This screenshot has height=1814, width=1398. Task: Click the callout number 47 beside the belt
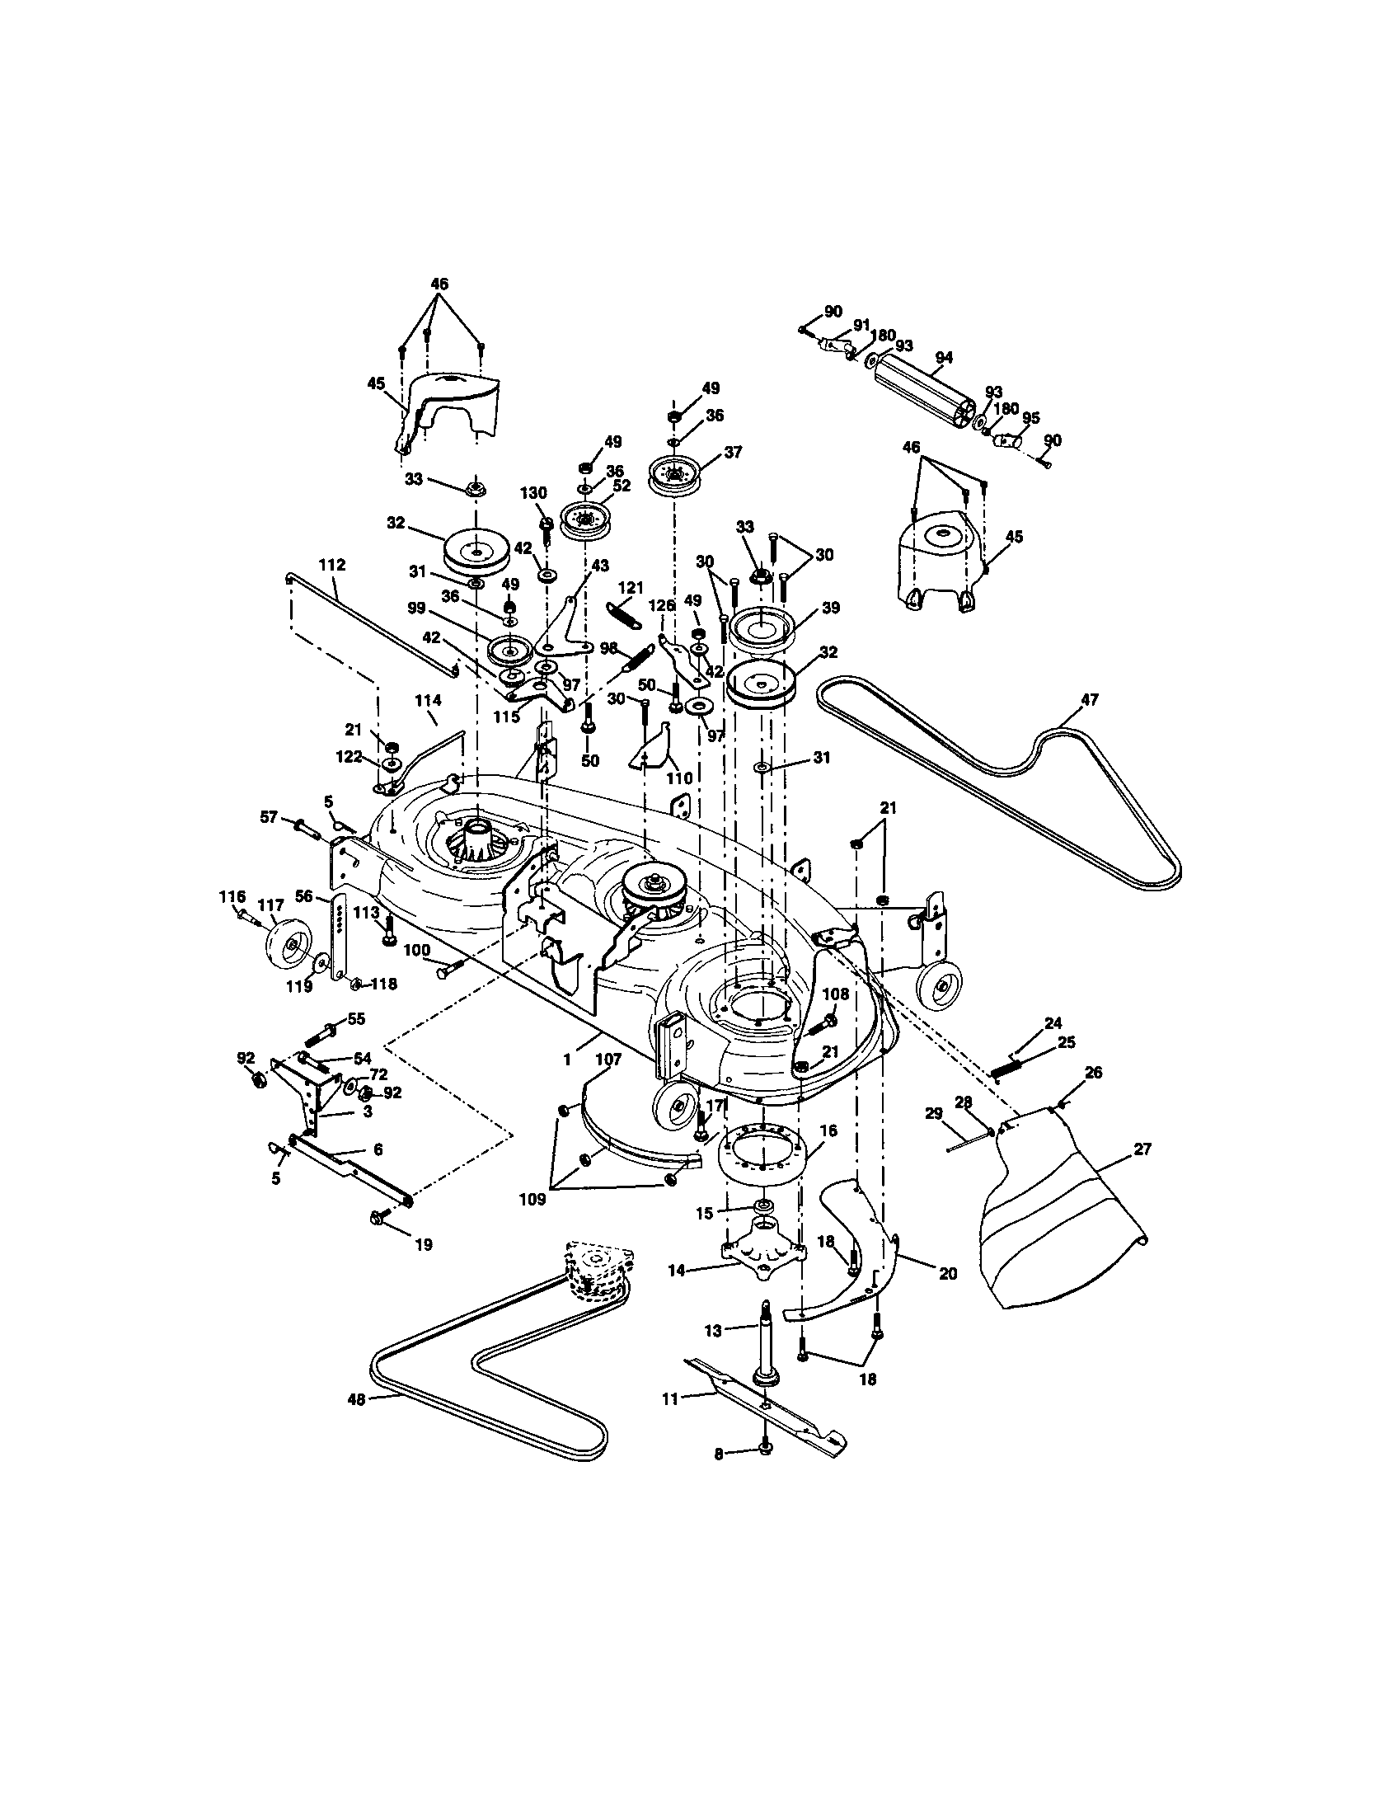(1088, 700)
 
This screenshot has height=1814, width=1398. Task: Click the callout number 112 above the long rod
(331, 565)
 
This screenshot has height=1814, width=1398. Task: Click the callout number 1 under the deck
(567, 1059)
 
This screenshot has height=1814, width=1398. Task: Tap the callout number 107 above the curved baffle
(608, 1059)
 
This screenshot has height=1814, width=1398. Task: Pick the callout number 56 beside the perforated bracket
(304, 895)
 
